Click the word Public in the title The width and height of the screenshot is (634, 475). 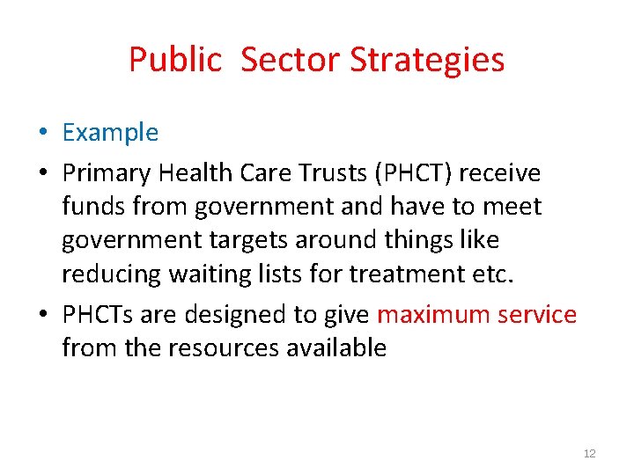(x=175, y=60)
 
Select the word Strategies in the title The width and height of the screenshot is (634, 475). (x=427, y=60)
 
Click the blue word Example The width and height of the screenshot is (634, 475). (x=110, y=133)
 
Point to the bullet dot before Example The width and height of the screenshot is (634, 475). (x=43, y=134)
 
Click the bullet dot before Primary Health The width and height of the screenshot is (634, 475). (x=43, y=174)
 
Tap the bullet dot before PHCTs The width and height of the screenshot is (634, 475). (x=43, y=315)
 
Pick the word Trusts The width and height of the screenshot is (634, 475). (x=327, y=173)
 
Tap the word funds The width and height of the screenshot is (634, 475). (x=92, y=207)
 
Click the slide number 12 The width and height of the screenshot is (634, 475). (x=589, y=453)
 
